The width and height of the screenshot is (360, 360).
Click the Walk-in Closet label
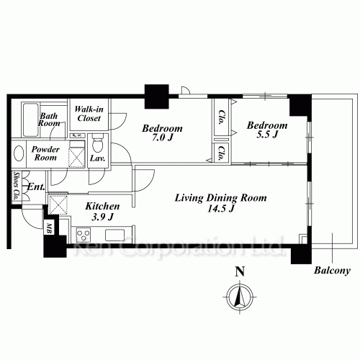89,114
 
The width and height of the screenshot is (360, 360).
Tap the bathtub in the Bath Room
30,120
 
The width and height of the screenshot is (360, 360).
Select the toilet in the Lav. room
97,143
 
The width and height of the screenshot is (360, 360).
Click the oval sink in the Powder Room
19,153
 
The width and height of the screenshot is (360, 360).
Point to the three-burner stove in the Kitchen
84,235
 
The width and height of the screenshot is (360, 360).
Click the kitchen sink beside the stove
115,235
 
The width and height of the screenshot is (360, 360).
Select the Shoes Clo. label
17,186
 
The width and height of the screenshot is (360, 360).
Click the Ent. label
36,186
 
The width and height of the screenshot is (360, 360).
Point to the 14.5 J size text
220,209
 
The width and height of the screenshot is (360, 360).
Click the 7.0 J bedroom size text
163,138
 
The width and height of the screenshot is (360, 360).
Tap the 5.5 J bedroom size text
267,135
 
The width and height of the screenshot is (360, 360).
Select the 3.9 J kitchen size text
102,217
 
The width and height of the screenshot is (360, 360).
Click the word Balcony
332,271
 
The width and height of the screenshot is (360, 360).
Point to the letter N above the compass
240,271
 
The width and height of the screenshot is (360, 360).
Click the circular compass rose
240,297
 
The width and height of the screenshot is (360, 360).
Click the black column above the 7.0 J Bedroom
157,96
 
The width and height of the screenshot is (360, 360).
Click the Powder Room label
45,153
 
